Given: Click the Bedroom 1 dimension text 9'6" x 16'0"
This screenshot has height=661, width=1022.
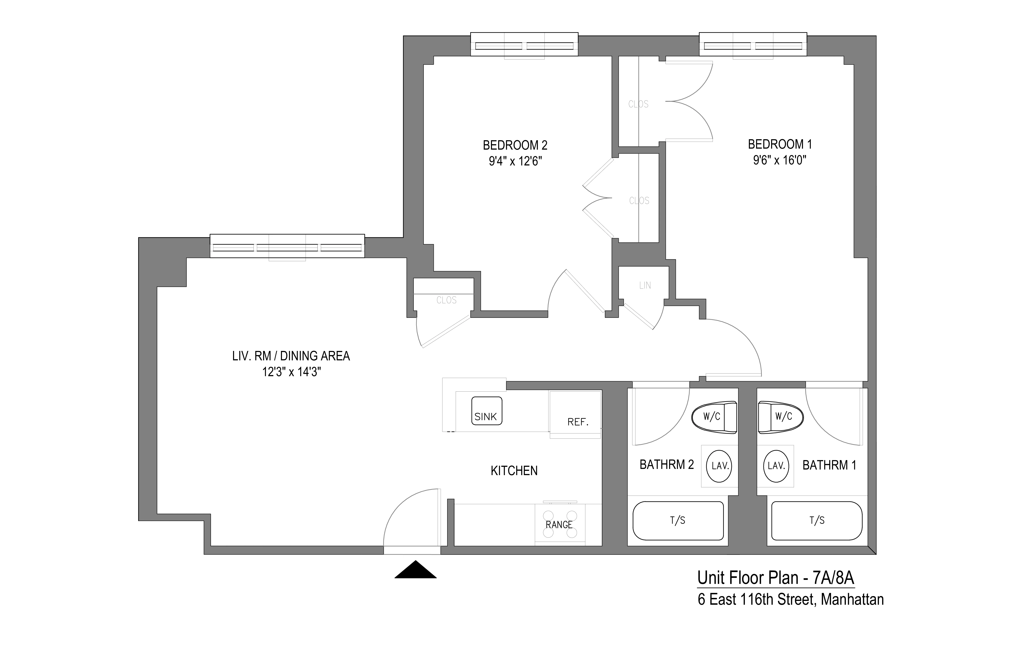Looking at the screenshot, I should pos(779,160).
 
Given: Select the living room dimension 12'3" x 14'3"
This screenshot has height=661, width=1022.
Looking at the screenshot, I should pos(292,372).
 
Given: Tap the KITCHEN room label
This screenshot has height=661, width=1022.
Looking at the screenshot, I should pos(514,471).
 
